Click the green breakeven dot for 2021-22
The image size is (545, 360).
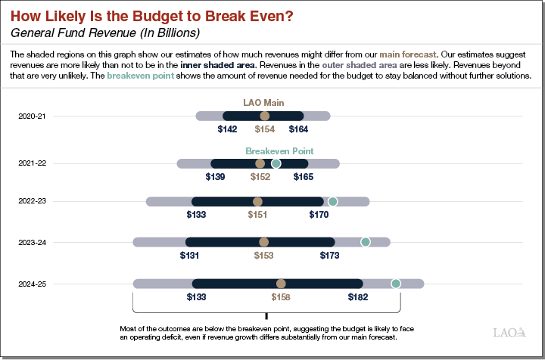[276, 163]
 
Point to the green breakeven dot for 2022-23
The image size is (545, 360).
[332, 201]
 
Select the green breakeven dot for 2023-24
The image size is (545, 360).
[365, 242]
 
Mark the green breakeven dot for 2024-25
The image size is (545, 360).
[395, 284]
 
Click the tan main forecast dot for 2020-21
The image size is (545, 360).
[264, 116]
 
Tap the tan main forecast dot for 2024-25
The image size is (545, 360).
[281, 284]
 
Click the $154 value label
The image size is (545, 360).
[264, 129]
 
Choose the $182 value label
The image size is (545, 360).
[358, 297]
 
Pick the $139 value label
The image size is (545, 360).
[215, 177]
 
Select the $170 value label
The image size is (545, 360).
[319, 215]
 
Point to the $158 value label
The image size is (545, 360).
[281, 297]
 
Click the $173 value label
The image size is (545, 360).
[329, 256]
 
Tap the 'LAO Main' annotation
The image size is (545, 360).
[264, 102]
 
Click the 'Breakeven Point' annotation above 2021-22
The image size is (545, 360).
[279, 151]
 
